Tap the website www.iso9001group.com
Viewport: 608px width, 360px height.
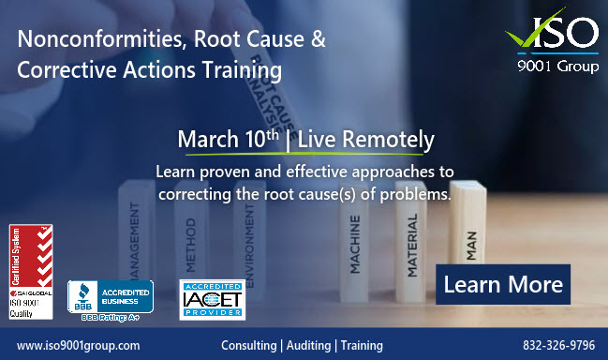coord(79,345)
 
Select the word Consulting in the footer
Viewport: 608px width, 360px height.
coord(248,345)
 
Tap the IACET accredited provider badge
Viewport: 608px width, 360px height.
coord(210,299)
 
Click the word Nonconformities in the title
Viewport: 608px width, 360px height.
coord(86,40)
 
